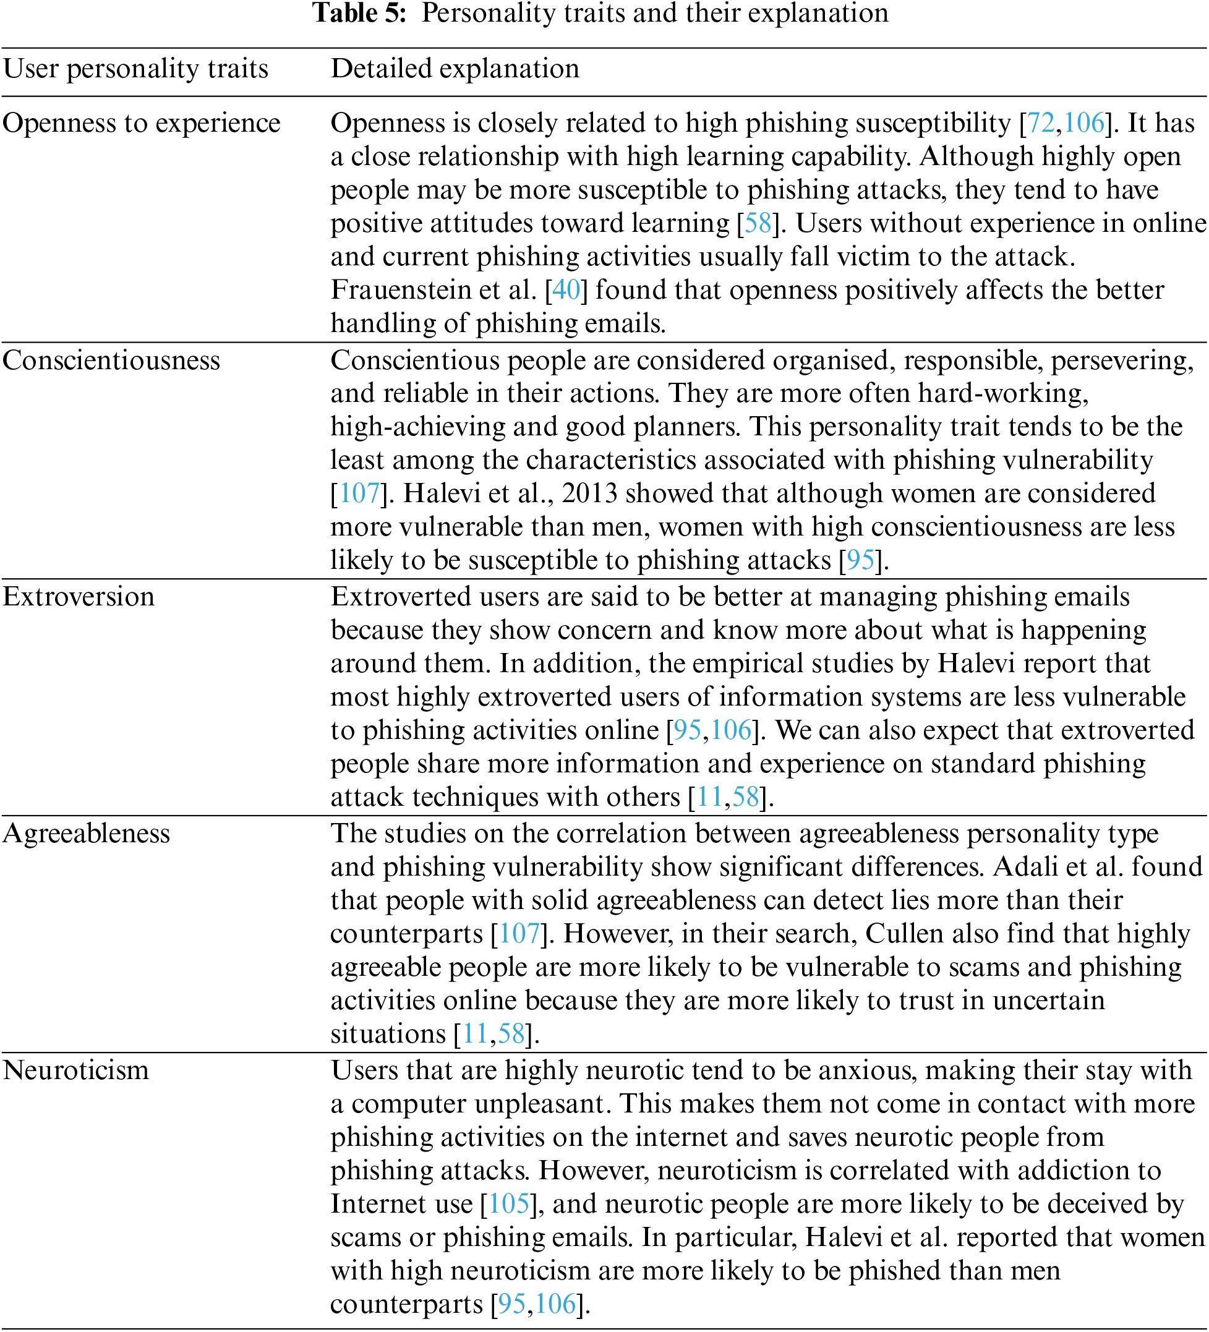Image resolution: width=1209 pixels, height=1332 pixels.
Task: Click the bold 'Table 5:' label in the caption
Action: click(x=359, y=13)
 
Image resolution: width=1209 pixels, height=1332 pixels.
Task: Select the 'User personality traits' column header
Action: click(x=135, y=69)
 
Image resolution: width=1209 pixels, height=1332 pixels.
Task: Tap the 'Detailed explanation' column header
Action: click(x=455, y=69)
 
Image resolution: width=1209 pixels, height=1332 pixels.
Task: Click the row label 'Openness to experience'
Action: click(x=142, y=124)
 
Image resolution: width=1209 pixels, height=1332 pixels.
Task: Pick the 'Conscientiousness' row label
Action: click(x=111, y=361)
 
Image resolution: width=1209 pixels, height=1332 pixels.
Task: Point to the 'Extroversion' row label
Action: click(x=79, y=597)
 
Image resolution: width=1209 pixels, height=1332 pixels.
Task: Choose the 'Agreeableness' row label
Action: click(x=87, y=834)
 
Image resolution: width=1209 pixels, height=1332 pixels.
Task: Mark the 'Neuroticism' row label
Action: click(x=76, y=1070)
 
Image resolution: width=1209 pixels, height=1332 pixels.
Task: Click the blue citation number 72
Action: click(x=1041, y=124)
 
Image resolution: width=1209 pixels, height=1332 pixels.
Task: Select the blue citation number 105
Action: click(x=509, y=1204)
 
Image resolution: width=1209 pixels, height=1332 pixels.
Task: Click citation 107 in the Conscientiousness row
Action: click(x=359, y=494)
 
